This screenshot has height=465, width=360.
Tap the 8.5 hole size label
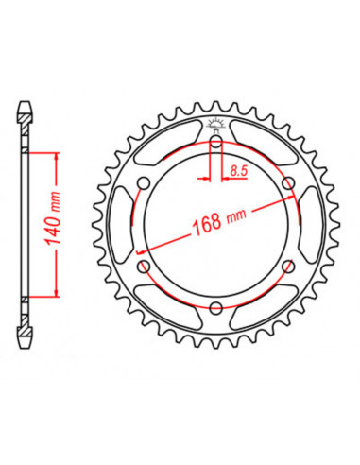coord(240,171)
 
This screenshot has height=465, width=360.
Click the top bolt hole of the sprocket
coord(216,144)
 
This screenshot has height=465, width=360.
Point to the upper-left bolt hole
coord(145,184)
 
